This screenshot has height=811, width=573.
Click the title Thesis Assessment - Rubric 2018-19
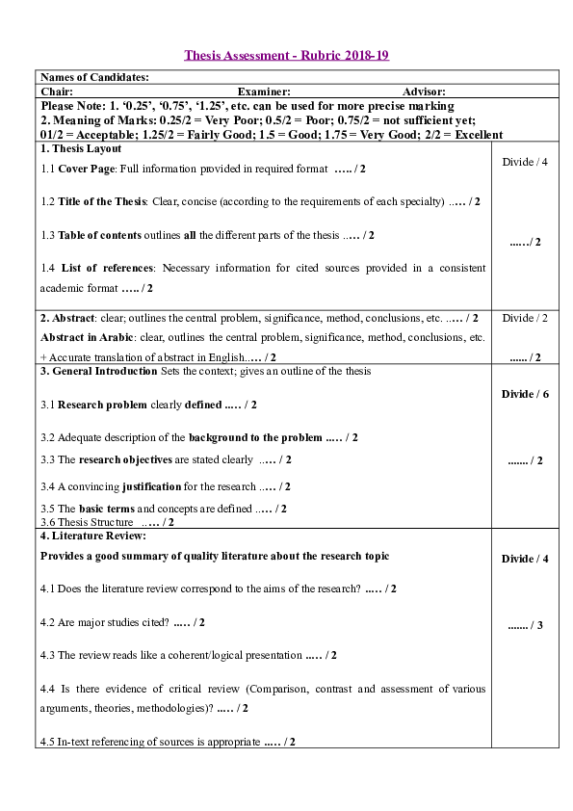[x=286, y=56]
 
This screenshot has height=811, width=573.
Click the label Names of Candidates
[x=94, y=77]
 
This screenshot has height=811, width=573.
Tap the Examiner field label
[x=264, y=91]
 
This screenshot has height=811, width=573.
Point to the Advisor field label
[x=424, y=91]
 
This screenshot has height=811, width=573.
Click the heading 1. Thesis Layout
[x=81, y=149]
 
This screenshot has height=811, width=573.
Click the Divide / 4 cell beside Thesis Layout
[x=525, y=162]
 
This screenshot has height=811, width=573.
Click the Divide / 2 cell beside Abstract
[x=525, y=318]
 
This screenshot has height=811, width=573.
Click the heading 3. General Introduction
[x=98, y=371]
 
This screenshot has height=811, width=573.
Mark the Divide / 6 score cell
[x=525, y=394]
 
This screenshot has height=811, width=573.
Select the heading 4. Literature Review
[x=93, y=535]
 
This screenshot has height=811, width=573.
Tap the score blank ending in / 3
[x=525, y=625]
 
